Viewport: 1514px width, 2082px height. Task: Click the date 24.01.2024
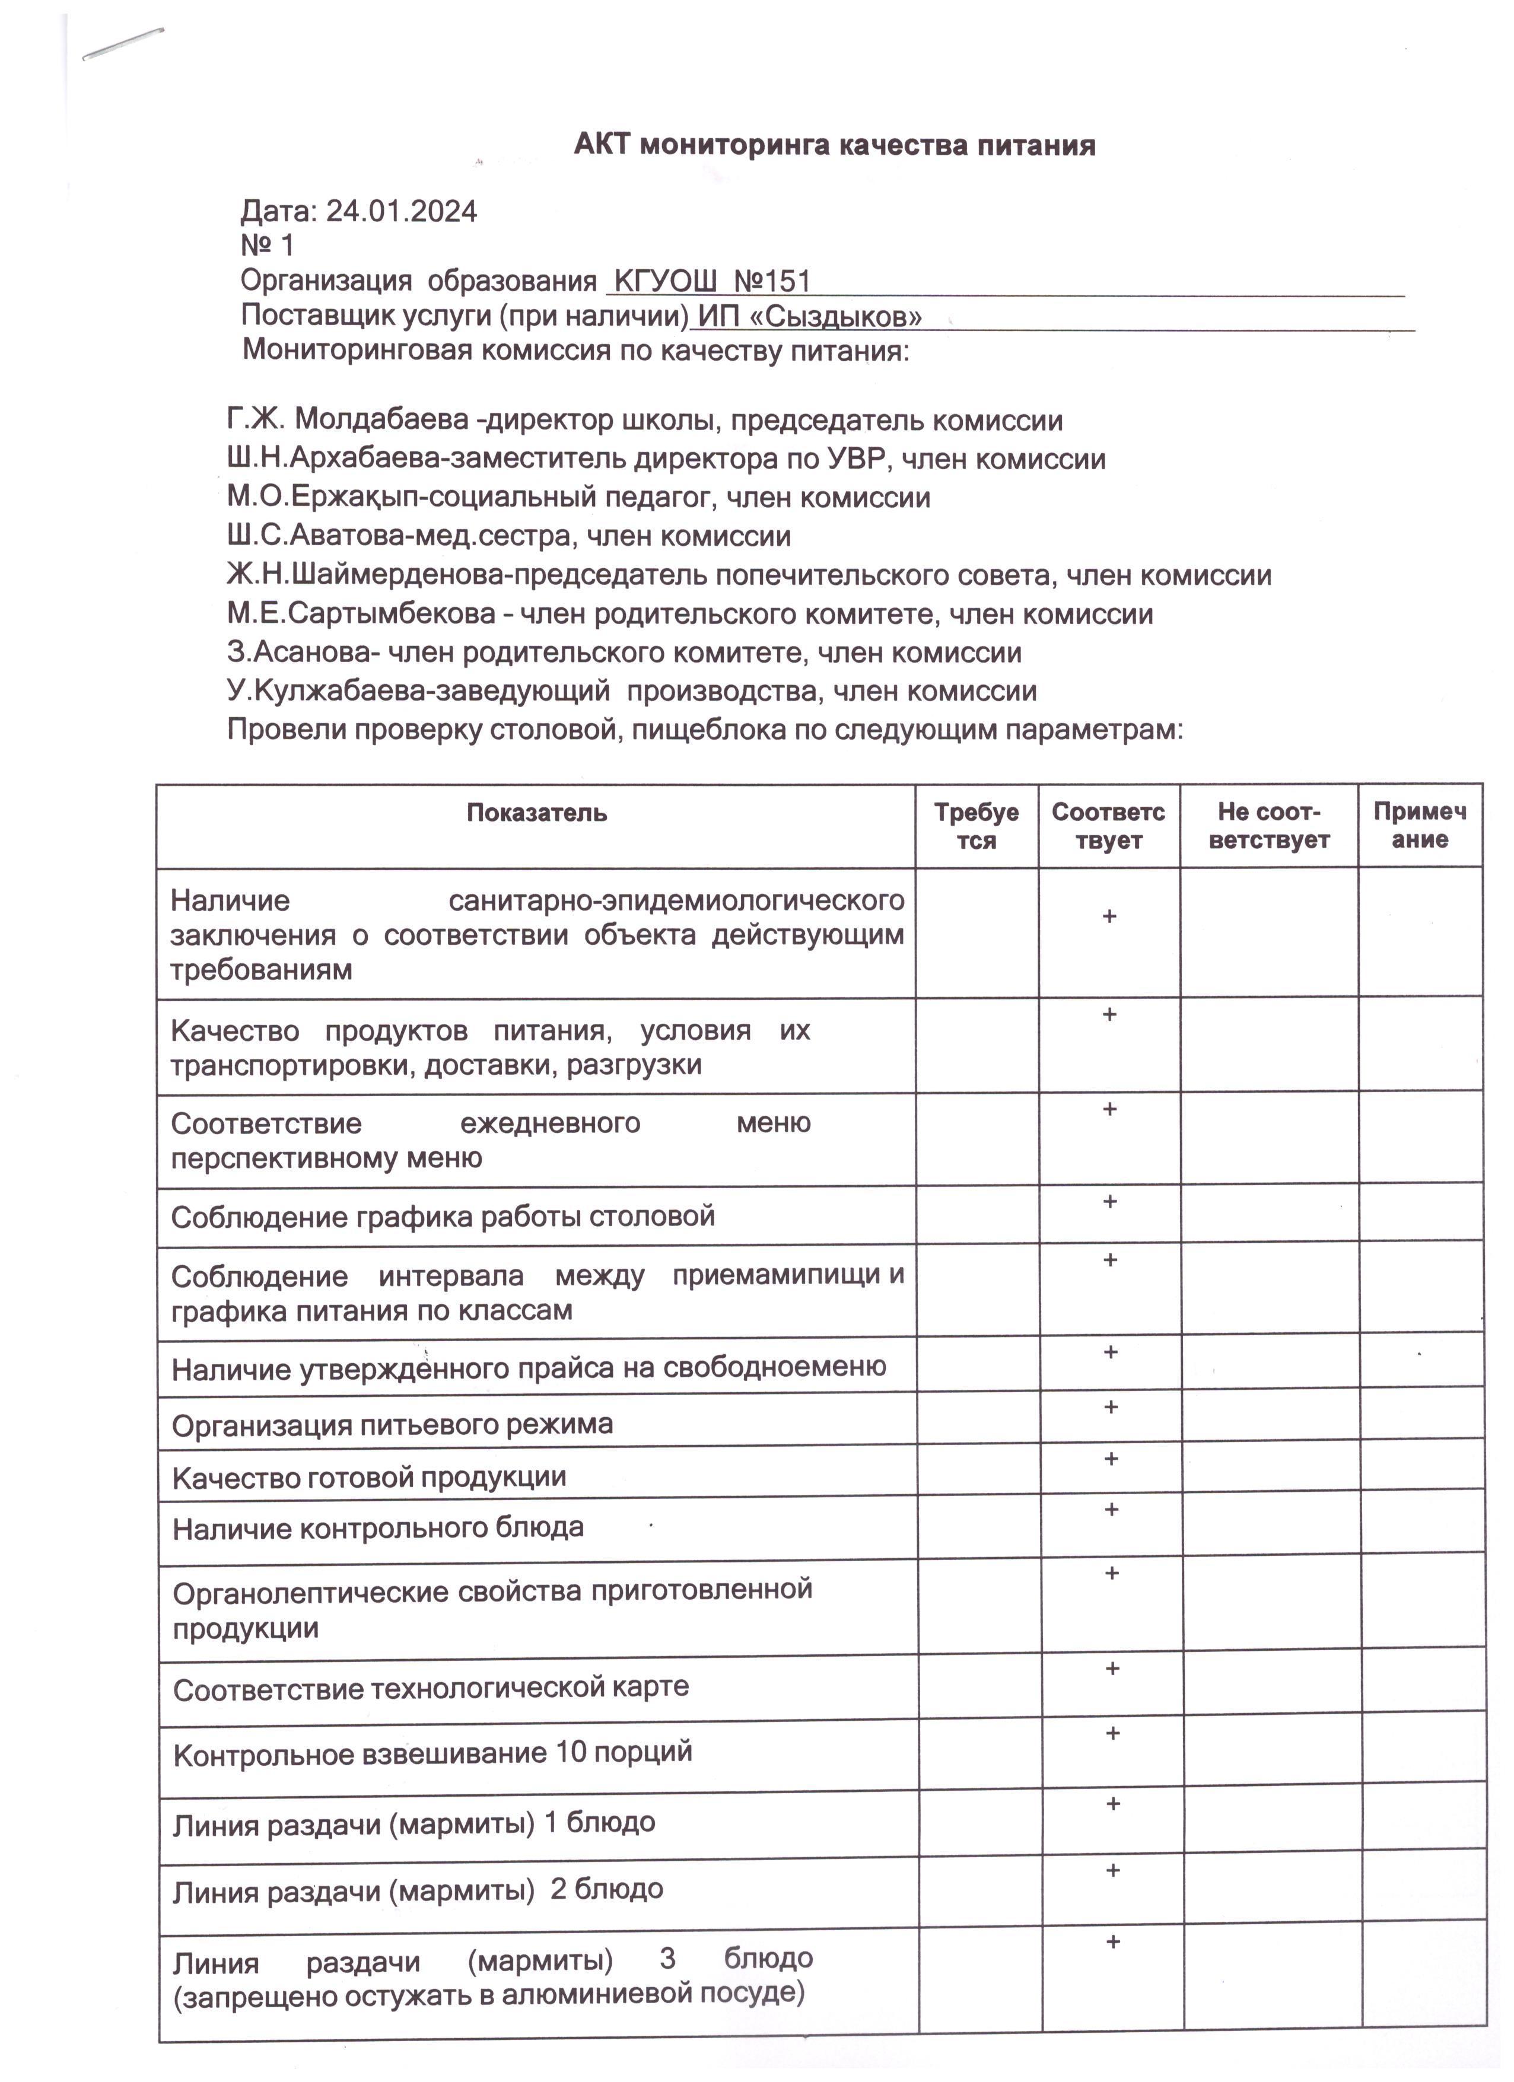pyautogui.click(x=401, y=212)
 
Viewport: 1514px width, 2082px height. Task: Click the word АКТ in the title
pyautogui.click(x=602, y=145)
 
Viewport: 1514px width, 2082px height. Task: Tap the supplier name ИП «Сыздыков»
pyautogui.click(x=809, y=317)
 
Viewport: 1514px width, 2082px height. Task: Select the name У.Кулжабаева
pyautogui.click(x=326, y=690)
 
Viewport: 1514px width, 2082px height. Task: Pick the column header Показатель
pyautogui.click(x=536, y=813)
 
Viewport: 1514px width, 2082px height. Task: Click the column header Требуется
pyautogui.click(x=976, y=826)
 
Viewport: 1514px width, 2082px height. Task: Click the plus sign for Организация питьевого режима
pyautogui.click(x=1110, y=1407)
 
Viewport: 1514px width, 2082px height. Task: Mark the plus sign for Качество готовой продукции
pyautogui.click(x=1110, y=1459)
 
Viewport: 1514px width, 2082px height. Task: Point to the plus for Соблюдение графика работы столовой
pyautogui.click(x=1109, y=1202)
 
